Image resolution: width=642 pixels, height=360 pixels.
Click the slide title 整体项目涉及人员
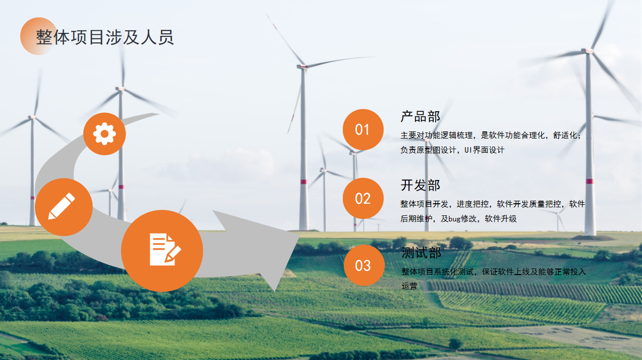pyautogui.click(x=105, y=37)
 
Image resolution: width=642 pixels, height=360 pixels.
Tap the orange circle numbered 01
pyautogui.click(x=362, y=130)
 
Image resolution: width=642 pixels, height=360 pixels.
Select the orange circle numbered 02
pyautogui.click(x=362, y=199)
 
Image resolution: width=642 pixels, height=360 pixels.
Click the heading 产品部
pyautogui.click(x=420, y=117)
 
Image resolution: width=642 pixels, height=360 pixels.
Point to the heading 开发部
pyautogui.click(x=420, y=185)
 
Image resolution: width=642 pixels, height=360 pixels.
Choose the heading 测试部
pyautogui.click(x=421, y=252)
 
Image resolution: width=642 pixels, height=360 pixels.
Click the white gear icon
pyautogui.click(x=105, y=134)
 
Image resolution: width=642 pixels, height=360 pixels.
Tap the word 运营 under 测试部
pyautogui.click(x=409, y=286)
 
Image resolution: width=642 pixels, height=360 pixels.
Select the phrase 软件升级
pyautogui.click(x=500, y=219)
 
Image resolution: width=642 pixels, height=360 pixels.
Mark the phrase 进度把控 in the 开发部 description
pyautogui.click(x=473, y=204)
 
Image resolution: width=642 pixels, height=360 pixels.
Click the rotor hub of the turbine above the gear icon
pyautogui.click(x=120, y=88)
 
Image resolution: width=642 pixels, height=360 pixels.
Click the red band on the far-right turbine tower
pyautogui.click(x=589, y=181)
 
